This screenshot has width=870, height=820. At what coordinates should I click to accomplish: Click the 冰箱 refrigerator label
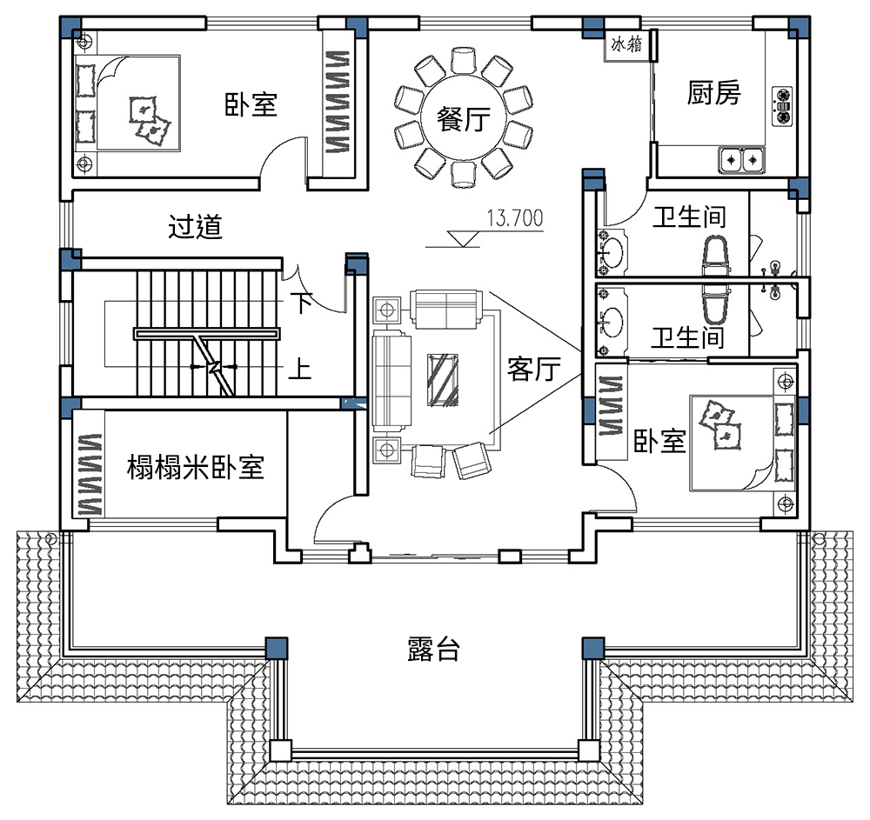click(x=626, y=43)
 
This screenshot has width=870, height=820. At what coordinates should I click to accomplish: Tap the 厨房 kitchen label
click(x=713, y=92)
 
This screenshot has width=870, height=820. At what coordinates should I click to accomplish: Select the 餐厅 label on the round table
click(x=464, y=118)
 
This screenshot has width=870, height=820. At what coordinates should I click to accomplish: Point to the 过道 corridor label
click(x=195, y=227)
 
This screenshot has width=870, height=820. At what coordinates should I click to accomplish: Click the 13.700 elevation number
click(x=515, y=218)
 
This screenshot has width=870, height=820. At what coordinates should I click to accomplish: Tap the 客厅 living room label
click(x=534, y=369)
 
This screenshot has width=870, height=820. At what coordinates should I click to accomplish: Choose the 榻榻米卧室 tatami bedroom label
click(x=195, y=467)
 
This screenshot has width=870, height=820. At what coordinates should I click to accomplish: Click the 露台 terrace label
click(x=433, y=650)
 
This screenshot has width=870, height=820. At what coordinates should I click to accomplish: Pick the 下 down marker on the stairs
click(x=301, y=303)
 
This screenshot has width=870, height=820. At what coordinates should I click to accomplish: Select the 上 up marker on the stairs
click(x=300, y=369)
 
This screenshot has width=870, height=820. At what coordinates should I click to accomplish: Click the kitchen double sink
click(x=742, y=160)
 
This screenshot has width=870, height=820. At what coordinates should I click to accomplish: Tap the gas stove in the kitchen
click(x=782, y=106)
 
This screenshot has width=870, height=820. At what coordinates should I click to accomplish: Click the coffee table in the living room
click(x=443, y=380)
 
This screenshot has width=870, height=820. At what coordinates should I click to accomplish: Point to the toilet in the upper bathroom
click(x=716, y=256)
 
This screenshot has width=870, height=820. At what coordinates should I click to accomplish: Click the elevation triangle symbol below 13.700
click(x=464, y=239)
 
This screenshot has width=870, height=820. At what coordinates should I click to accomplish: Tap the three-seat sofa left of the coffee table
click(x=391, y=380)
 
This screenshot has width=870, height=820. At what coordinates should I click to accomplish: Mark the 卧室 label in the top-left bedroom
click(x=251, y=104)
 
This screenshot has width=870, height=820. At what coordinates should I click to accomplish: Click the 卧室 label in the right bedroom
click(x=659, y=442)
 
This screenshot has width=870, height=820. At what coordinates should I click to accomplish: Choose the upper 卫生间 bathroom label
click(x=689, y=217)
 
